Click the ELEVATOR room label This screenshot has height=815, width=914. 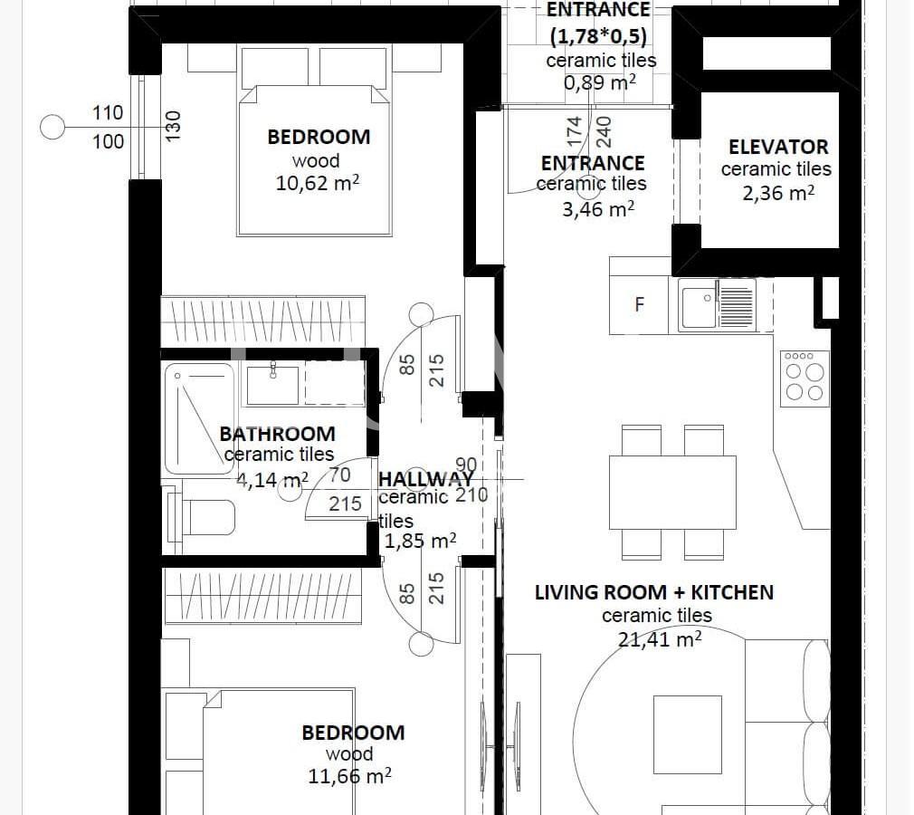(778, 147)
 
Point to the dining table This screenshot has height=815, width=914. (672, 493)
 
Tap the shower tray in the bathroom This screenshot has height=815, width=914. (199, 418)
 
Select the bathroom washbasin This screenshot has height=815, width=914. (272, 385)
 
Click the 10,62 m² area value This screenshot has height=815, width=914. (317, 183)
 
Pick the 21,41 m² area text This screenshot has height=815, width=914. (660, 638)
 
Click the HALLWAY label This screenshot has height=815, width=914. (425, 479)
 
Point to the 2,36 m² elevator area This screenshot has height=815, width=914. (778, 193)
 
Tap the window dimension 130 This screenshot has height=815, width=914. (173, 126)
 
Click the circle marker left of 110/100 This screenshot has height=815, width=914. (52, 127)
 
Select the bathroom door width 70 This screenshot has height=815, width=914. (340, 475)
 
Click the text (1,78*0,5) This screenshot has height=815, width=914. (599, 36)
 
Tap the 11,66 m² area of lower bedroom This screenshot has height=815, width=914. (349, 776)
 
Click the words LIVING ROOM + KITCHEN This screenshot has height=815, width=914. (654, 592)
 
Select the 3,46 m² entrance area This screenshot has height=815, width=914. (598, 208)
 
